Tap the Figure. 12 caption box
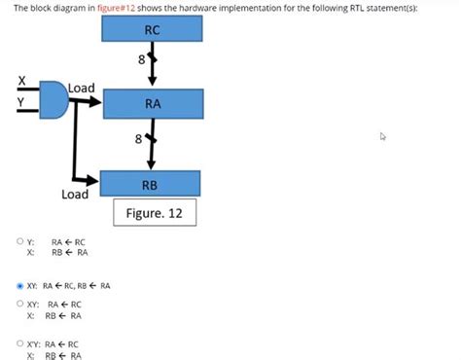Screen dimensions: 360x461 click(155, 211)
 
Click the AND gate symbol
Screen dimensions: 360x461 click(54, 98)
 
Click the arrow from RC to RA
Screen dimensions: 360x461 click(152, 69)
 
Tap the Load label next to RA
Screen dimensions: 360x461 click(82, 89)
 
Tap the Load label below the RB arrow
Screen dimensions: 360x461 click(75, 195)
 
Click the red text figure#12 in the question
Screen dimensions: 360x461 click(115, 7)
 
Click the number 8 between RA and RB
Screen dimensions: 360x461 click(138, 139)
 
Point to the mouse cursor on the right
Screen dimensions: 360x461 click(383, 137)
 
